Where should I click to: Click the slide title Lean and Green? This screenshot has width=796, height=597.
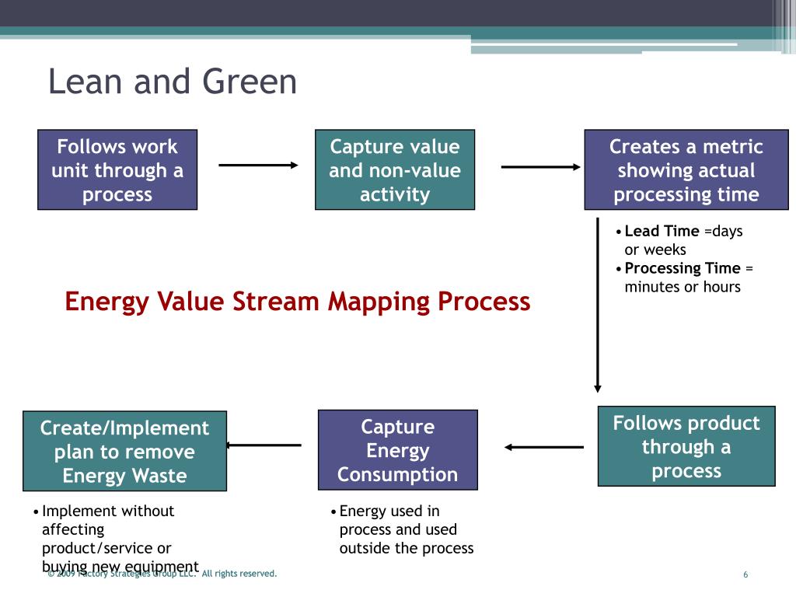point(172,82)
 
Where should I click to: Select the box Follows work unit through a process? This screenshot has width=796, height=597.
point(117,169)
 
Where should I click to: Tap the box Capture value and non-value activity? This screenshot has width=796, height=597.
point(394,169)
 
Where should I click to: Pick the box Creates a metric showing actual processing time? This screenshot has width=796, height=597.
point(686,169)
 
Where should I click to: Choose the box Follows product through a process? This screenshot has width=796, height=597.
point(686,446)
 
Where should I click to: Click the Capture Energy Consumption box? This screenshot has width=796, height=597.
point(397,450)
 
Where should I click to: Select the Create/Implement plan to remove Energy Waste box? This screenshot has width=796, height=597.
point(124,451)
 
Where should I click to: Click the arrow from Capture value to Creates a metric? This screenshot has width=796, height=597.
point(540,167)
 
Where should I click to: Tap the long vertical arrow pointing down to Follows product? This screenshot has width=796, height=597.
point(598,311)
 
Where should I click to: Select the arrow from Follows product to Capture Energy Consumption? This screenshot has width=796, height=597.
point(543,447)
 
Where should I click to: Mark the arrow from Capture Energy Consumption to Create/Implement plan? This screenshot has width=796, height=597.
point(264,445)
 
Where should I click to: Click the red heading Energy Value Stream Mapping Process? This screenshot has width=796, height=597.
point(297,301)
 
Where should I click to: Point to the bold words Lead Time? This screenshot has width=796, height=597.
point(662,231)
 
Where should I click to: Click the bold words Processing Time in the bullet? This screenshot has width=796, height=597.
point(683,268)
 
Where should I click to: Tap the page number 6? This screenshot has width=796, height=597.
point(745,574)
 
